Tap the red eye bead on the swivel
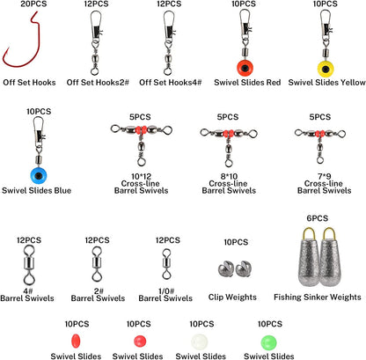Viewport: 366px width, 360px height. click(245, 68)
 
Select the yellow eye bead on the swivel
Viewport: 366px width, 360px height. click(326, 68)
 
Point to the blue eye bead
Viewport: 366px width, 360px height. click(39, 175)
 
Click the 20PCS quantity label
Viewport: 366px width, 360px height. click(33, 4)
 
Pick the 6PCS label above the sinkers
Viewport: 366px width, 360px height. click(318, 218)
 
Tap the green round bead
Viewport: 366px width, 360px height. click(268, 342)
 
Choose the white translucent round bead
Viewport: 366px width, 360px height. click(200, 342)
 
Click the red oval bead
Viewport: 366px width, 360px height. click(76, 341)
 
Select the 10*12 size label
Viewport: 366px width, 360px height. click(141, 176)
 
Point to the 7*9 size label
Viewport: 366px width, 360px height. click(325, 176)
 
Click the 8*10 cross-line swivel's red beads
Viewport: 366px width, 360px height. click(229, 134)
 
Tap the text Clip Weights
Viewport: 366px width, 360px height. click(232, 297)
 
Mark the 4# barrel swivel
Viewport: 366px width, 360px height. click(28, 266)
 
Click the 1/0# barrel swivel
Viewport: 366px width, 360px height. click(166, 264)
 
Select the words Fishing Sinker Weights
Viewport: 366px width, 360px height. click(318, 297)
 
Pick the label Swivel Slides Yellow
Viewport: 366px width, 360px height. click(326, 83)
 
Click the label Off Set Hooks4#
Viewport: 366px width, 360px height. click(171, 83)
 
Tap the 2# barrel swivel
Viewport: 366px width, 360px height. click(97, 264)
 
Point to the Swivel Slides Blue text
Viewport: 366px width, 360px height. click(36, 190)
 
